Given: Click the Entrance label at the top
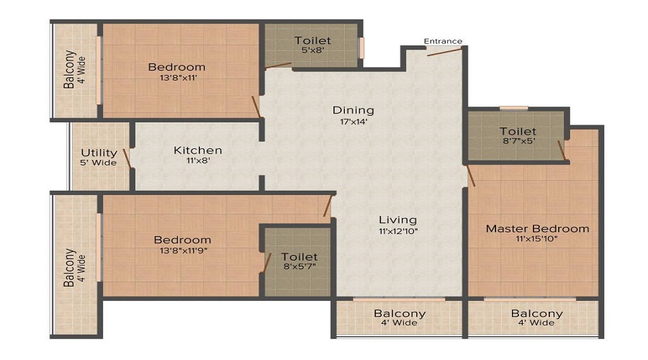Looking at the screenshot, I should click(x=443, y=41).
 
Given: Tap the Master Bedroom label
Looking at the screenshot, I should click(x=537, y=229).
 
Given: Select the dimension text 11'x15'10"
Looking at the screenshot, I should click(x=537, y=238).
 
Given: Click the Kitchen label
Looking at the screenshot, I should click(x=198, y=150).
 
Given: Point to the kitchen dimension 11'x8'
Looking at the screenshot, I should click(x=198, y=161).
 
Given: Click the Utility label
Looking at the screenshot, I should click(x=99, y=153).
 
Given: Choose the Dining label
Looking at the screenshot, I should click(x=353, y=110).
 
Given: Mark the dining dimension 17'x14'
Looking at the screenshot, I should click(x=353, y=121).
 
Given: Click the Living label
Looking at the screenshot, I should click(x=399, y=220).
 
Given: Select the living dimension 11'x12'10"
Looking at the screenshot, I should click(x=399, y=230).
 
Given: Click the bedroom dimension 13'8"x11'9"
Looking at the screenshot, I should click(x=181, y=251).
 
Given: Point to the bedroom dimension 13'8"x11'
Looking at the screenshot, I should click(x=176, y=78).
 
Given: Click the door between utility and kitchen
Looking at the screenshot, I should click(x=127, y=158).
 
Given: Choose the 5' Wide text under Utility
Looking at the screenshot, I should click(x=99, y=163).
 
